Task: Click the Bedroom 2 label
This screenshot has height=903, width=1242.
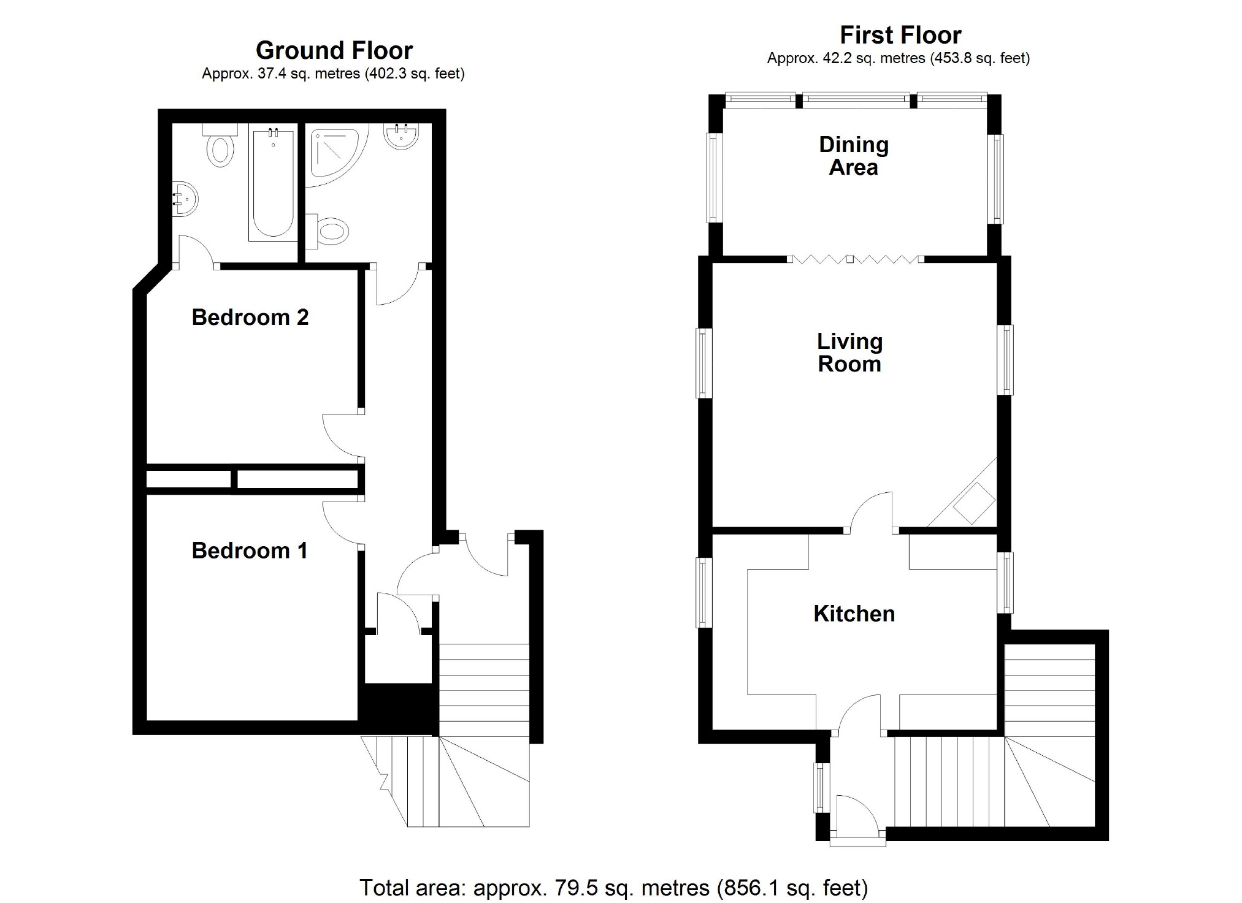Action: [x=250, y=318]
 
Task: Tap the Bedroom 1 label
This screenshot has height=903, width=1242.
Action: [x=249, y=551]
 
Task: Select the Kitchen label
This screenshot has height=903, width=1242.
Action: [x=854, y=614]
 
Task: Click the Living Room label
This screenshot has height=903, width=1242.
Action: [x=849, y=352]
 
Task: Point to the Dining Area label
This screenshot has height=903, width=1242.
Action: [x=853, y=156]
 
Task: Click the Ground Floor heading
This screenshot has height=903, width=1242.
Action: [x=334, y=50]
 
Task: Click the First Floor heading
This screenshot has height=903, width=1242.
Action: [x=900, y=36]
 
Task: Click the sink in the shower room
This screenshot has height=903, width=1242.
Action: [x=402, y=135]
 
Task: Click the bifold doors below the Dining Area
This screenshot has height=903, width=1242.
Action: [x=856, y=259]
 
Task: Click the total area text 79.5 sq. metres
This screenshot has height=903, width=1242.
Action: [x=591, y=888]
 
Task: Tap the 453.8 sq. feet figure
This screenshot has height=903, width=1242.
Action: [x=979, y=58]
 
